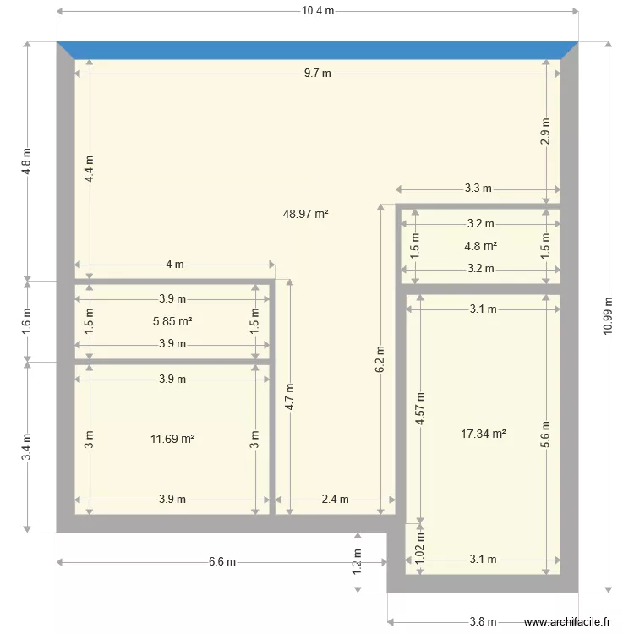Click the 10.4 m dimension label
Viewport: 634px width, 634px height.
tap(318, 11)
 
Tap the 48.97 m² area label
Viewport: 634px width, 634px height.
tap(305, 214)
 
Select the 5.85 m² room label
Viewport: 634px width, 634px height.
tap(172, 321)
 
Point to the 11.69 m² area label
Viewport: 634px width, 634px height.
tap(172, 439)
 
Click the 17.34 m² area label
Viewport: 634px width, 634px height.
tap(484, 434)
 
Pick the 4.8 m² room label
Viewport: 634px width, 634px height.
tap(480, 246)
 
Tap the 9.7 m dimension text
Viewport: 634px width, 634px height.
tap(317, 74)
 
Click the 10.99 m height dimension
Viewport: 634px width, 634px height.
tap(608, 316)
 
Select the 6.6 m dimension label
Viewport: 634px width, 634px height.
tap(222, 561)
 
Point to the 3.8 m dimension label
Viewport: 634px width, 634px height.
tap(483, 621)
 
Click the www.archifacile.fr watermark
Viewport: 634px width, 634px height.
tap(567, 621)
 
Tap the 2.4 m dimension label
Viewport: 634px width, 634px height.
tap(335, 500)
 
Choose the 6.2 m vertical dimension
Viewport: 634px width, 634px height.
tap(380, 359)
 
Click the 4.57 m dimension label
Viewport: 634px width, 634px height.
tap(420, 408)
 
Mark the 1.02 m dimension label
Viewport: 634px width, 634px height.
tap(419, 549)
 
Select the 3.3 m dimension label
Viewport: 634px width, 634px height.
tap(478, 188)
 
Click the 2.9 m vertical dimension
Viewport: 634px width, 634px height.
tap(545, 131)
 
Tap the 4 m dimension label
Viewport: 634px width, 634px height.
tap(175, 265)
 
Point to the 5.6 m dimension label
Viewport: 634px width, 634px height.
tap(545, 435)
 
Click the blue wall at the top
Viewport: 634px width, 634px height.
tap(317, 50)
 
